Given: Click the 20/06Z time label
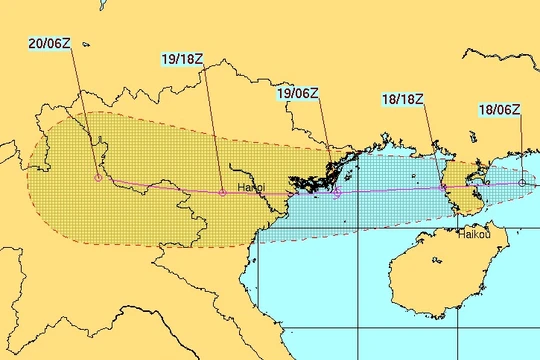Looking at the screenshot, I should click(x=49, y=44).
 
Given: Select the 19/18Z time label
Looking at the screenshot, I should click(x=183, y=58).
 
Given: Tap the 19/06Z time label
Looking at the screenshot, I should click(x=298, y=94).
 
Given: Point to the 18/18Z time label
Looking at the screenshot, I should click(x=403, y=99).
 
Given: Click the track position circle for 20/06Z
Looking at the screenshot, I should click(x=97, y=178).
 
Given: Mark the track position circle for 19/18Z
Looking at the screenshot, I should click(x=222, y=191).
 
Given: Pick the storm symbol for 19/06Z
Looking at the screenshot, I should click(x=337, y=191).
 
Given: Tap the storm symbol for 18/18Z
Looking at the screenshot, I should click(x=443, y=187).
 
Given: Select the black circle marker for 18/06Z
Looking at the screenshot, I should click(x=522, y=183).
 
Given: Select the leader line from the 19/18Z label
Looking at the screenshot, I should click(x=214, y=125).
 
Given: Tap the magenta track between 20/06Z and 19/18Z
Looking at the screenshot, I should click(x=160, y=186).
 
